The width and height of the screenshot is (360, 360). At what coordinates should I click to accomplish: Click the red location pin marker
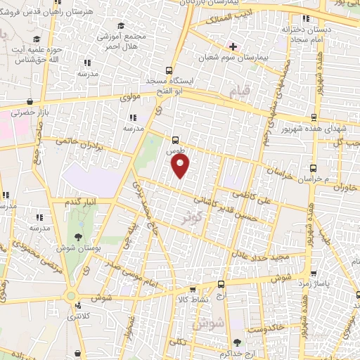click(x=181, y=166)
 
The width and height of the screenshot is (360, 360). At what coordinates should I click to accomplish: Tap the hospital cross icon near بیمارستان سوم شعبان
click(x=233, y=46)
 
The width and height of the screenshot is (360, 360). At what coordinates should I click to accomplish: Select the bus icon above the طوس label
click(x=175, y=140)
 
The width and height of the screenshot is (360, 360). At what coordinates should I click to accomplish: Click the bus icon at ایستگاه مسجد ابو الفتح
click(x=168, y=70)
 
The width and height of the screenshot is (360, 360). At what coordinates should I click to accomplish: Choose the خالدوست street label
click(x=268, y=327)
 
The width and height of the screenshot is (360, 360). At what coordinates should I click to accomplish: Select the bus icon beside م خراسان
click(x=314, y=167)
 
